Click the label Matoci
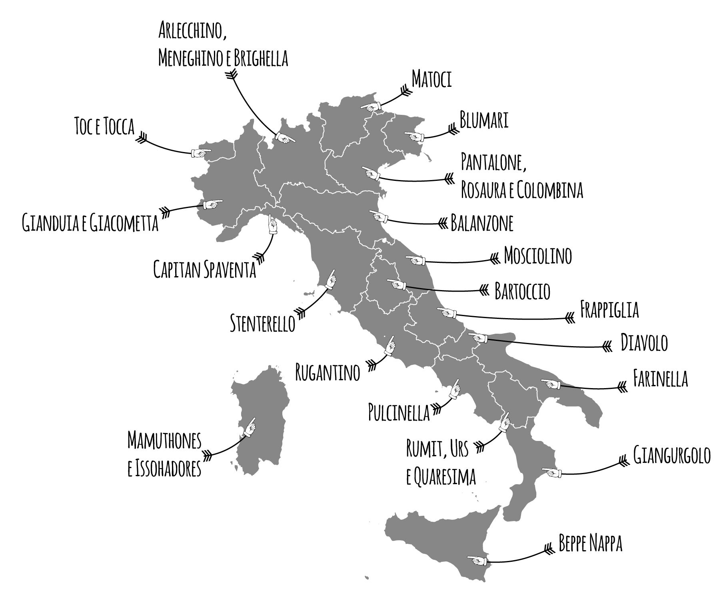[x=431, y=80]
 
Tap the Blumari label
[x=484, y=120]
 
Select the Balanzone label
[x=482, y=223]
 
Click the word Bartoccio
[x=522, y=291]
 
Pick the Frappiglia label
[x=609, y=309]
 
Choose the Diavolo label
[x=644, y=343]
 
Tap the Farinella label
[x=660, y=379]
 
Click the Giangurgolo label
[x=672, y=455]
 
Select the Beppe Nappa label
[x=590, y=544]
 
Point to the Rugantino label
[x=328, y=372]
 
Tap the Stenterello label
[x=262, y=323]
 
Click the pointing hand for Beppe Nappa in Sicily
[x=477, y=560]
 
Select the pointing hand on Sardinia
[x=250, y=427]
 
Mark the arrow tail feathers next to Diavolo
[x=607, y=347]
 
